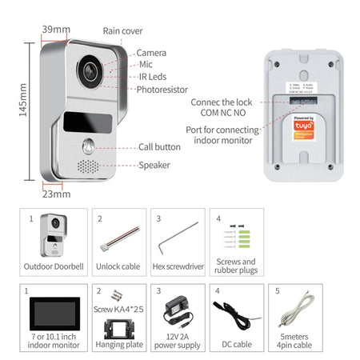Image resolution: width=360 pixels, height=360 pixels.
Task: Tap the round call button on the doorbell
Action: (x=90, y=148)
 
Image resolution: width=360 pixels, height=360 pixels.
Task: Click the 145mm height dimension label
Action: (x=24, y=101)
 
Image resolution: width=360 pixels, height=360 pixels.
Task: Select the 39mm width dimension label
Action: (x=57, y=30)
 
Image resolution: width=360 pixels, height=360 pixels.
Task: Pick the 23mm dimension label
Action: (x=54, y=193)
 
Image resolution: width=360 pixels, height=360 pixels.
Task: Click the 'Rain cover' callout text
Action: (x=122, y=31)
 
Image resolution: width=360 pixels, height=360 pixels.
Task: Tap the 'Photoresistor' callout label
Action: (x=162, y=90)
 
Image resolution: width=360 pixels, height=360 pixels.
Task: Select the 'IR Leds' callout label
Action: (x=151, y=77)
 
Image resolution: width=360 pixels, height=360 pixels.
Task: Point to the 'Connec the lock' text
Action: (x=222, y=102)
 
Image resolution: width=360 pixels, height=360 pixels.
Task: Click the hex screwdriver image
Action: (x=177, y=237)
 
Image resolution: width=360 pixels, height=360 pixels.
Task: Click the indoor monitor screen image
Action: (x=54, y=312)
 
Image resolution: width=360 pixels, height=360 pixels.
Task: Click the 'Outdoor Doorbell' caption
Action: (x=54, y=266)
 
